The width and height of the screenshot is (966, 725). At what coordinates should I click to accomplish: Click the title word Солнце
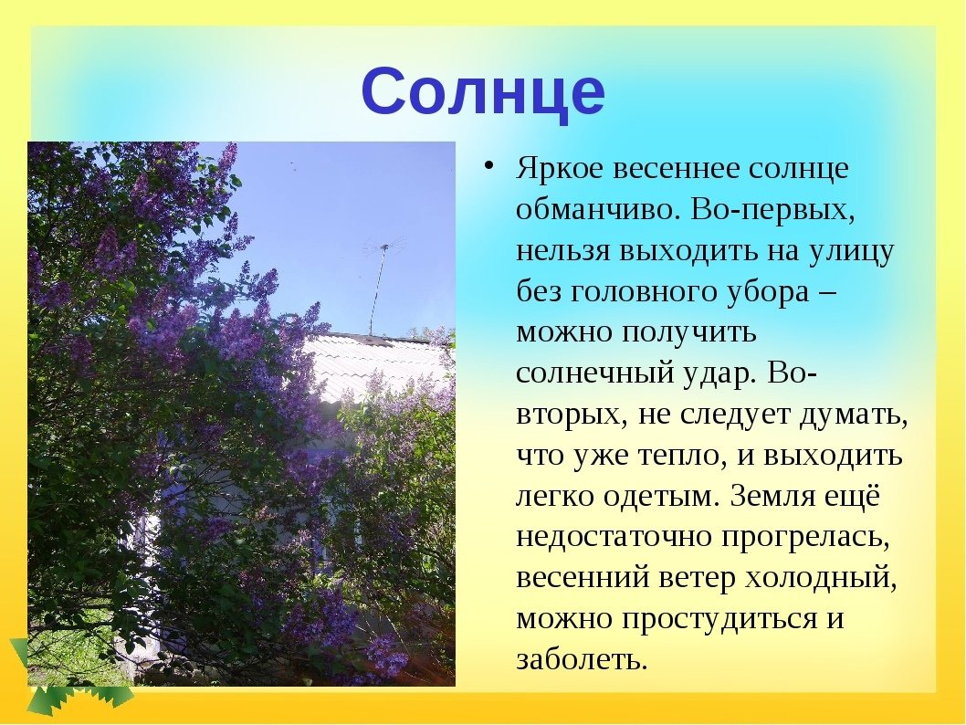pyautogui.click(x=484, y=92)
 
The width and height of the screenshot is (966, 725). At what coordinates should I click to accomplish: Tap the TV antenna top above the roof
pyautogui.click(x=383, y=246)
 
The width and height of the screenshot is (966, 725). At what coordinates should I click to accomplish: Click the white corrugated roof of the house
pyautogui.click(x=376, y=363)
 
